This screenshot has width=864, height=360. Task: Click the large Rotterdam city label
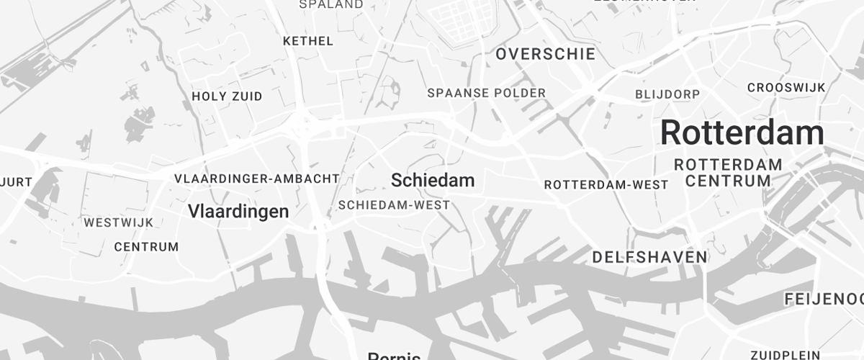(742, 133)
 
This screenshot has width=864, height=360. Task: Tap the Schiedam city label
(433, 180)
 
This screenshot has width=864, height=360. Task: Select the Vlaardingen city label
(238, 211)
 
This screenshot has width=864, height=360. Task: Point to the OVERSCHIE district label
(546, 54)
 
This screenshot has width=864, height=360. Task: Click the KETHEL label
(308, 41)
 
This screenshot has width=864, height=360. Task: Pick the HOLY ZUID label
(227, 96)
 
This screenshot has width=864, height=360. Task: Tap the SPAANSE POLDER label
(487, 93)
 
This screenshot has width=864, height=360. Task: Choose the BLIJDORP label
(667, 94)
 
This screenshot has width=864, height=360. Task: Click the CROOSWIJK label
(786, 87)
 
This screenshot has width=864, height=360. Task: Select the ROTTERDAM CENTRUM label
(728, 173)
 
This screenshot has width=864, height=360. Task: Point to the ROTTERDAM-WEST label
(606, 185)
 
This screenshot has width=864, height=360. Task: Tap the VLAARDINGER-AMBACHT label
(256, 178)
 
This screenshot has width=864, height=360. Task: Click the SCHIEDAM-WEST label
(394, 205)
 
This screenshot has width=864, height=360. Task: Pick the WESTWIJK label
(119, 222)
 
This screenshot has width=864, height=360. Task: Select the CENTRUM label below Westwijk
(146, 247)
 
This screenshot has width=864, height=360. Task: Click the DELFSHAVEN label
(649, 257)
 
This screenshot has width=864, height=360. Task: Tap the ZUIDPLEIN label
(784, 354)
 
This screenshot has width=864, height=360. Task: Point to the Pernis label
(394, 356)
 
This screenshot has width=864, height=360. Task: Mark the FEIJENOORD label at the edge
(824, 298)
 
